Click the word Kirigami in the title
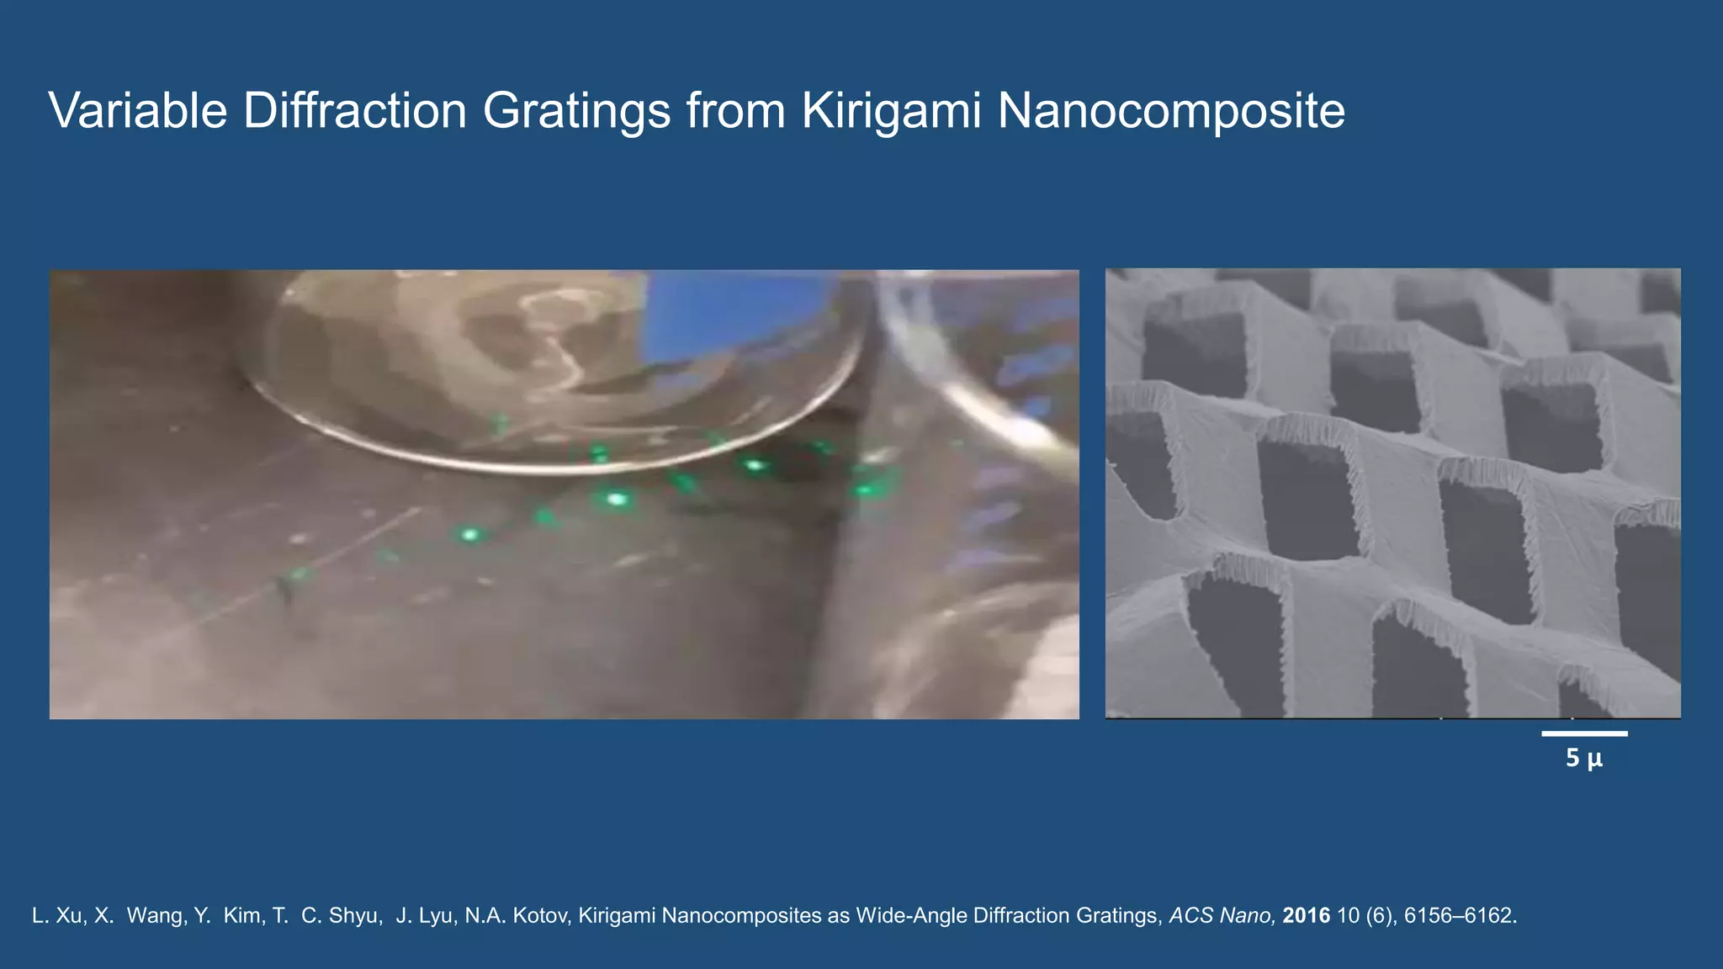(x=891, y=110)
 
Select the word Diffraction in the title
(x=354, y=110)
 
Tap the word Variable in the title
(x=138, y=110)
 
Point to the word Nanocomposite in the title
(x=1170, y=110)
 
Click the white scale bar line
(x=1584, y=733)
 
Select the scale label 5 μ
(x=1584, y=759)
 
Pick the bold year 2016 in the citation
(x=1306, y=915)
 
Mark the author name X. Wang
(x=140, y=915)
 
